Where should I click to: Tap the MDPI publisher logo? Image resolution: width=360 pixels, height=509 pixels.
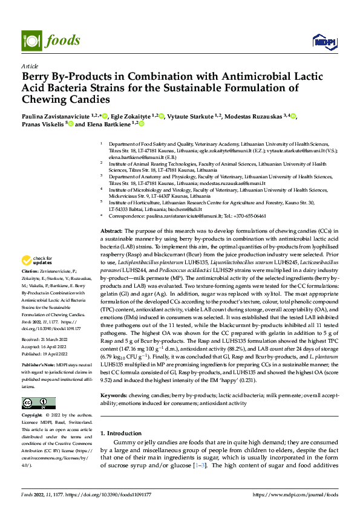[323, 41]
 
